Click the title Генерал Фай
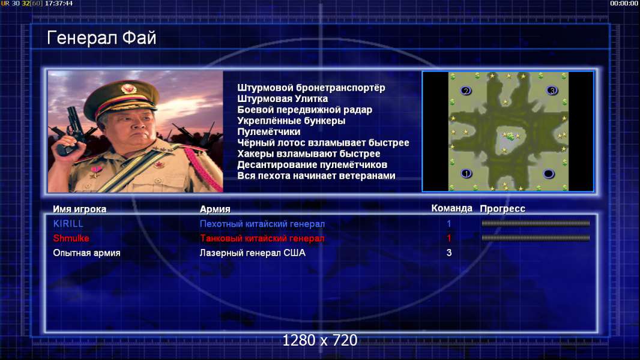click(x=101, y=38)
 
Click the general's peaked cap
click(x=121, y=97)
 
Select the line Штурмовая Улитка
click(x=282, y=98)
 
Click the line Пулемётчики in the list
click(x=269, y=131)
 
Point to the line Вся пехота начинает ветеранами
click(x=316, y=176)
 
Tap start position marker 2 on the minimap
click(x=466, y=91)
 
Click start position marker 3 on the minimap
click(x=552, y=91)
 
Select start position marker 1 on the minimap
click(x=466, y=173)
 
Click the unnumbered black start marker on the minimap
click(x=549, y=174)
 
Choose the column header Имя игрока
click(x=80, y=209)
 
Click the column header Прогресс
click(x=503, y=209)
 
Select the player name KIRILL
click(x=68, y=224)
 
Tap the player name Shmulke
click(x=71, y=238)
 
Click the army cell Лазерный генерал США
click(x=253, y=253)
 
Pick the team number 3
click(x=449, y=253)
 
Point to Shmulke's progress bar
click(x=536, y=238)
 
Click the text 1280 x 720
click(x=320, y=340)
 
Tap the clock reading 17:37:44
click(x=59, y=3)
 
